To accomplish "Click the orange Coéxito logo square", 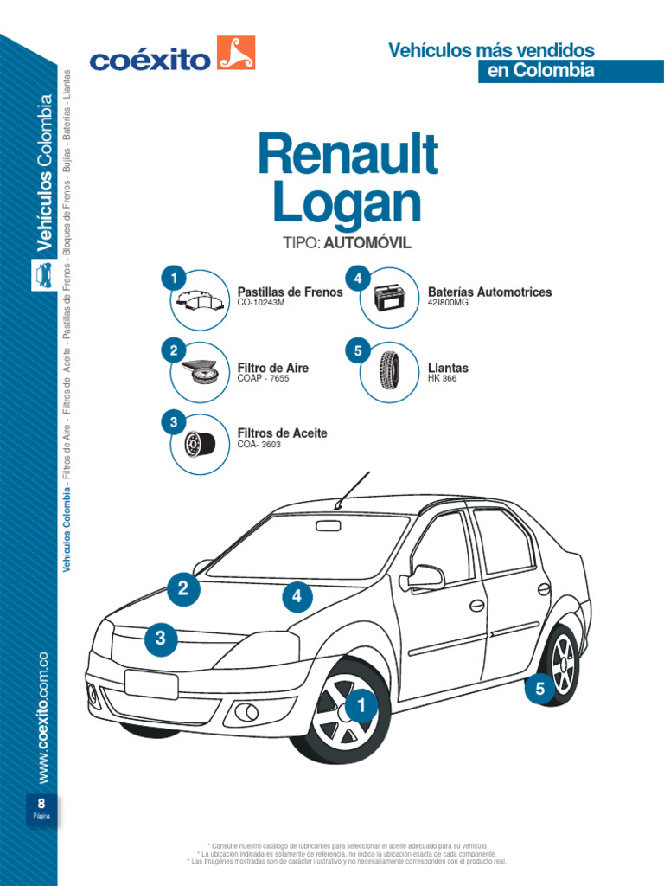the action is [237, 53].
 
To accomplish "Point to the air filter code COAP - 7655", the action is [263, 379].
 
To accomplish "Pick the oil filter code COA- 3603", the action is [259, 445].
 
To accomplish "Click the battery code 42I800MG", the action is [448, 304].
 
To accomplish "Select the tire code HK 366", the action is [443, 379].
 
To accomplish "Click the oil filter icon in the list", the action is [200, 444].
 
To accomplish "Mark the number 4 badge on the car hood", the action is [297, 596].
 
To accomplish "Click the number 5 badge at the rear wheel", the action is [540, 689].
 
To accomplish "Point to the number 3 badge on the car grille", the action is [161, 639].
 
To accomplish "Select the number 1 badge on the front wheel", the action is [361, 708].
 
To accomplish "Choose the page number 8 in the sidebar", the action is [41, 801].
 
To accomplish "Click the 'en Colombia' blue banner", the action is [540, 71].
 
